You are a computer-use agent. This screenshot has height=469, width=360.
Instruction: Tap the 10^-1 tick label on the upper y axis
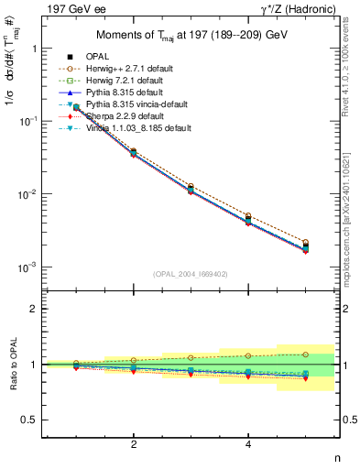[x=31, y=121]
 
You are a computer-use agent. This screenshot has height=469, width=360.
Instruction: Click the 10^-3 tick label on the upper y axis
[x=31, y=267]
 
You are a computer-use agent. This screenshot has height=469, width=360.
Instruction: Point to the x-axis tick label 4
[x=248, y=444]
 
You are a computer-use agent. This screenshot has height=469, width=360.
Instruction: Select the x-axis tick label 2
[x=134, y=444]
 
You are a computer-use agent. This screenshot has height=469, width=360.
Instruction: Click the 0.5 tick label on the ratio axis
[x=33, y=420]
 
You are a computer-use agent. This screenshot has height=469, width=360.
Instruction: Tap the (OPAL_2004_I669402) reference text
[x=191, y=274]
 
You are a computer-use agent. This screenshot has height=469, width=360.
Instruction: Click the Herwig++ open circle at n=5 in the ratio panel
[x=305, y=354]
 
